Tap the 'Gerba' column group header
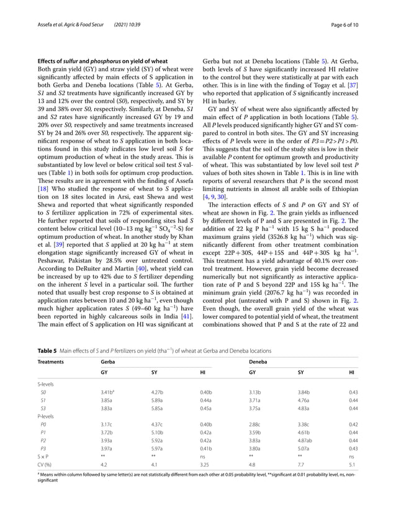point(108,361)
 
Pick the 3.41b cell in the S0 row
point(107,392)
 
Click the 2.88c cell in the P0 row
point(255,422)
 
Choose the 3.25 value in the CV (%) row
point(205,463)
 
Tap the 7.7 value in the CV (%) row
point(302,463)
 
